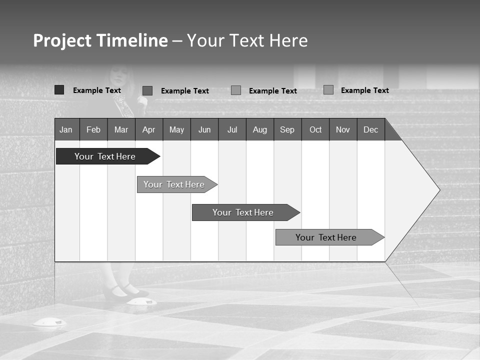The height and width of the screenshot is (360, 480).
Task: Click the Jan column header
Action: click(66, 129)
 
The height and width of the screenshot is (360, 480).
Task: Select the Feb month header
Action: click(93, 129)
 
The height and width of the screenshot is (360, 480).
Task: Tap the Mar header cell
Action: click(121, 129)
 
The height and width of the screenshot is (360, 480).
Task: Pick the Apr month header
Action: click(149, 129)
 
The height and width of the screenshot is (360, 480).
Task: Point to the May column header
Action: click(176, 129)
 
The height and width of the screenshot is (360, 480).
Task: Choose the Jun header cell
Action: click(204, 129)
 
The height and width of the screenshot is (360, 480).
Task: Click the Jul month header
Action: click(232, 129)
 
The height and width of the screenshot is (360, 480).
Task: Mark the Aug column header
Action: click(260, 129)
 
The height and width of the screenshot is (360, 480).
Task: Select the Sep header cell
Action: click(287, 129)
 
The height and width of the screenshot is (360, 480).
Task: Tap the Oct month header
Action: click(315, 129)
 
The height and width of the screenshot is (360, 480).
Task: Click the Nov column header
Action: click(343, 129)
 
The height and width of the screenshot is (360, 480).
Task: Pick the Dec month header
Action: click(371, 129)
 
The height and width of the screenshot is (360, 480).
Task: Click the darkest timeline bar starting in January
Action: click(105, 156)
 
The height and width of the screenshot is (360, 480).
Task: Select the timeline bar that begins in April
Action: click(174, 184)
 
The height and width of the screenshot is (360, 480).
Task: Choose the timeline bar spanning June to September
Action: click(243, 212)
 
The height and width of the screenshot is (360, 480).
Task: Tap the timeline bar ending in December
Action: click(326, 237)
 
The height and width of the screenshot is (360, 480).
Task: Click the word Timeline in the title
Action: click(131, 40)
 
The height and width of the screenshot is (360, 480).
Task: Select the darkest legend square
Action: click(59, 90)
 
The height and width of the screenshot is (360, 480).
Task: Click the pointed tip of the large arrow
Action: click(438, 190)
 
